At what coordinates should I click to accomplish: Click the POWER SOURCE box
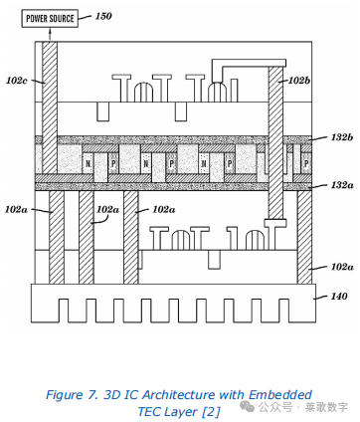pyautogui.click(x=50, y=18)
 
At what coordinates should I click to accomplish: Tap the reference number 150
pyautogui.click(x=103, y=16)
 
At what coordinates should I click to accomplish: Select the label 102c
pyautogui.click(x=17, y=81)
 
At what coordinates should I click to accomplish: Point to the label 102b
pyautogui.click(x=299, y=81)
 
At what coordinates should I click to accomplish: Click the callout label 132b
pyautogui.click(x=342, y=137)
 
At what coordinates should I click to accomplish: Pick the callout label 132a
pyautogui.click(x=342, y=185)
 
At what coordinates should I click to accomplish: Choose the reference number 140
pyautogui.click(x=339, y=296)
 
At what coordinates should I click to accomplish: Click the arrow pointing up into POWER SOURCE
pyautogui.click(x=50, y=34)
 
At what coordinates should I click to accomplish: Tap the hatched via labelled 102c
pyautogui.click(x=50, y=107)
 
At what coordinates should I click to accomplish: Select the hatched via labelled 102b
pyautogui.click(x=275, y=142)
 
